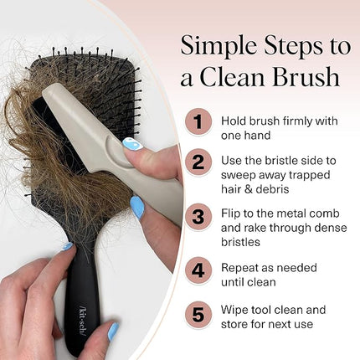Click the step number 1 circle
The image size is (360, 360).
[198, 121]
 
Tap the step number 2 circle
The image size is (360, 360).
[198, 162]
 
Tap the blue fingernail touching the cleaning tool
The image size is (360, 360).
[132, 144]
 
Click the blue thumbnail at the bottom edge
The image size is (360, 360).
[113, 331]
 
